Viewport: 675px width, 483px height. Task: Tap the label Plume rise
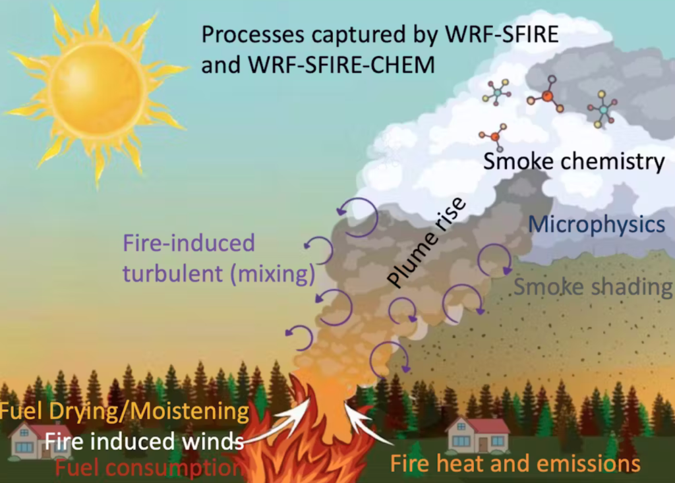(x=426, y=242)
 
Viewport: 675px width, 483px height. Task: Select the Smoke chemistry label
(x=574, y=161)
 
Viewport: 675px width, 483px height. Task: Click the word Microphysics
(x=597, y=225)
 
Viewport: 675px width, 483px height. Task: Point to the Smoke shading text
(x=593, y=287)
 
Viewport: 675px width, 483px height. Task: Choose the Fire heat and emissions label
(x=515, y=464)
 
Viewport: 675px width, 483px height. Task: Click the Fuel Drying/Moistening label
(x=125, y=411)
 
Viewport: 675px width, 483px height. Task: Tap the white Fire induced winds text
(x=144, y=441)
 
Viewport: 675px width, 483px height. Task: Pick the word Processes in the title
(x=253, y=35)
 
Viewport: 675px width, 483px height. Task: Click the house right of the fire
(x=477, y=435)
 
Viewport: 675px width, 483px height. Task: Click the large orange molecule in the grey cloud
(x=545, y=95)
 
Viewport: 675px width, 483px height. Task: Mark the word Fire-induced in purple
(x=189, y=242)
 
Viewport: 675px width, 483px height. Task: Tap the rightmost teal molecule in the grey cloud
(x=602, y=109)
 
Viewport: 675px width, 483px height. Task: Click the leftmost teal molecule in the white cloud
(x=497, y=92)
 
